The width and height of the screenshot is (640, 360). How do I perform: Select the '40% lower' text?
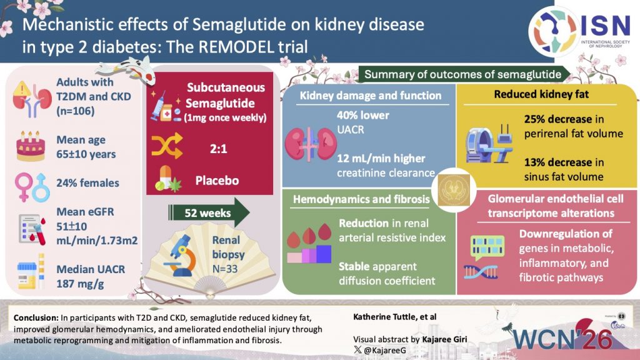pos(363,115)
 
